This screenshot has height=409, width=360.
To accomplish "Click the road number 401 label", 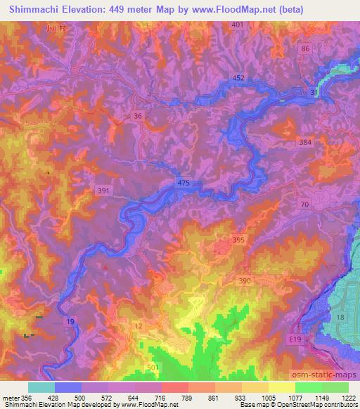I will click(238, 25).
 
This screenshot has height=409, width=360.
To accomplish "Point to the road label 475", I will click(184, 183).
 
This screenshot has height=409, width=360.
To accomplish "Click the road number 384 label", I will click(304, 141).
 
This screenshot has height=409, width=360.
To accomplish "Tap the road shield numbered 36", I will click(138, 116).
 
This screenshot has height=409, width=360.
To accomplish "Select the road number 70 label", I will click(304, 204).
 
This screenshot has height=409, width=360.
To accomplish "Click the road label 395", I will click(238, 240).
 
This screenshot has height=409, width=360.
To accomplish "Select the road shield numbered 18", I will click(339, 318).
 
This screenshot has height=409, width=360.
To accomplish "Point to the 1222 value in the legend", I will click(347, 397).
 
